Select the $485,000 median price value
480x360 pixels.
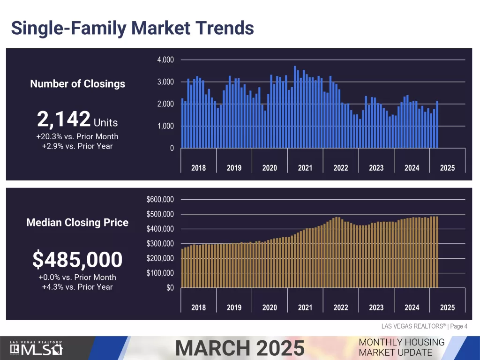pyautogui.click(x=77, y=259)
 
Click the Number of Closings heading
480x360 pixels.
pyautogui.click(x=78, y=84)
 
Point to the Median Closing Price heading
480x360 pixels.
pyautogui.click(x=77, y=222)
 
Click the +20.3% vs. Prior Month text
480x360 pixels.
pyautogui.click(x=77, y=136)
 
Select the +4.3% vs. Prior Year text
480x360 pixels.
pyautogui.click(x=77, y=286)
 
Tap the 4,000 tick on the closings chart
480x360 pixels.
pyautogui.click(x=165, y=60)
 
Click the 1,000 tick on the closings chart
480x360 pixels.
pyautogui.click(x=165, y=126)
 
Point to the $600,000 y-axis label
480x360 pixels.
pyautogui.click(x=160, y=200)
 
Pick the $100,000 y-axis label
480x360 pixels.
pyautogui.click(x=160, y=273)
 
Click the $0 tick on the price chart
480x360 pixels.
pyautogui.click(x=170, y=288)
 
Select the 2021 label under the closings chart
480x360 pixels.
pyautogui.click(x=305, y=168)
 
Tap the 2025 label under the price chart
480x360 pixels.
pyautogui.click(x=447, y=307)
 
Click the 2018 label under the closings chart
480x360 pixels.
pyautogui.click(x=198, y=168)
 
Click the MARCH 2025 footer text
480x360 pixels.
pyautogui.click(x=240, y=348)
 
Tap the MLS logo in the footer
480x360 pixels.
pyautogui.click(x=37, y=349)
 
